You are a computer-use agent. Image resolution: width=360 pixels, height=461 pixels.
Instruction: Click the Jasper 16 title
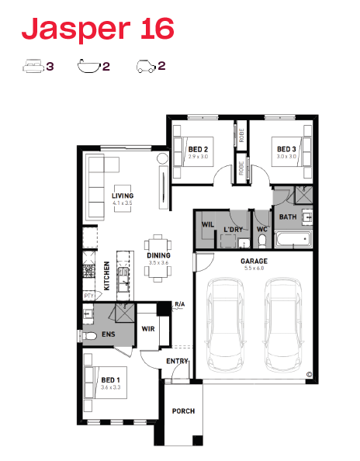98,29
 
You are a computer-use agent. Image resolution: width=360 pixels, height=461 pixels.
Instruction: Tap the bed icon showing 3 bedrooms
33,66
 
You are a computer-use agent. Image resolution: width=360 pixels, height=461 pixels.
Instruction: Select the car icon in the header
146,67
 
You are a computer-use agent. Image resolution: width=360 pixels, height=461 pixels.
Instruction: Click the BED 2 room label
198,149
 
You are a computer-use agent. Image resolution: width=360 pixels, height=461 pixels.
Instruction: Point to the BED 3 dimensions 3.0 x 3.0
286,157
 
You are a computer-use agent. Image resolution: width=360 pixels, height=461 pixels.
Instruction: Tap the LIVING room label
123,196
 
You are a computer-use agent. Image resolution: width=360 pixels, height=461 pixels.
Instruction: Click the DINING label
159,255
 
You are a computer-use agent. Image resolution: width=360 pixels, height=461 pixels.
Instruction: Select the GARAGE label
254,261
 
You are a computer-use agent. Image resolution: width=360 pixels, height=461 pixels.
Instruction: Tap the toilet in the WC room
261,241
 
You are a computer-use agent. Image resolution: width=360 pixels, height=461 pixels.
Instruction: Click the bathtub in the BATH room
293,239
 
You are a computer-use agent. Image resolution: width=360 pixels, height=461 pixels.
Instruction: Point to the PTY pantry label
88,296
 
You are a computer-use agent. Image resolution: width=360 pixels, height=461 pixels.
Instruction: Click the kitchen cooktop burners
88,271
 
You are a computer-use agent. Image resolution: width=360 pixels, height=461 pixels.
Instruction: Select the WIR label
148,329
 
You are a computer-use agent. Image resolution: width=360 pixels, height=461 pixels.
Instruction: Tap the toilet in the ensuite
89,336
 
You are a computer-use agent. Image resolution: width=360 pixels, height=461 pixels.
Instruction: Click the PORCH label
183,411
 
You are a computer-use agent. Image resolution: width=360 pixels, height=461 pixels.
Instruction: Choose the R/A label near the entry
180,304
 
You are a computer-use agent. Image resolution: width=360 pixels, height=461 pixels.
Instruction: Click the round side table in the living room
162,159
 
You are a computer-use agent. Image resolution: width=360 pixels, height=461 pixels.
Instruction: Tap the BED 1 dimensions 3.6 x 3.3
110,387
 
